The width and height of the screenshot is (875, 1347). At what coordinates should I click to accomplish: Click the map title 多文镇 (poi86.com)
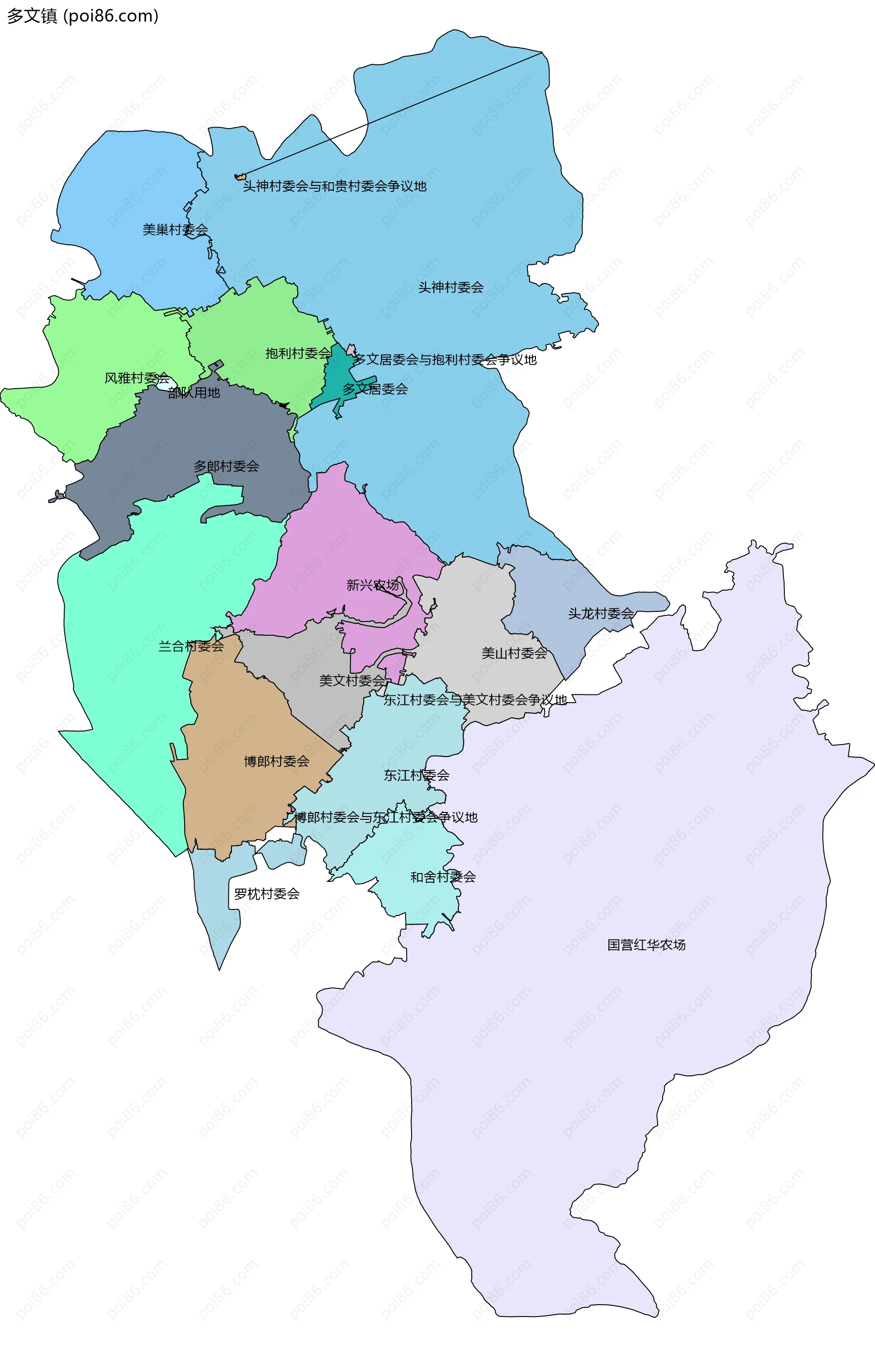[x=82, y=16]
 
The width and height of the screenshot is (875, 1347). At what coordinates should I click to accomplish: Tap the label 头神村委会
[x=451, y=288]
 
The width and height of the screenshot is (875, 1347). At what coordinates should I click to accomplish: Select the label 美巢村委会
[x=175, y=230]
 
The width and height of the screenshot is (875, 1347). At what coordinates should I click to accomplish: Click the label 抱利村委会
[x=298, y=354]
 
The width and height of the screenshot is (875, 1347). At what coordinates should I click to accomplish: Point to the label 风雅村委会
[x=137, y=378]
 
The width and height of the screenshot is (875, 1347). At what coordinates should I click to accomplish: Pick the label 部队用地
[x=194, y=393]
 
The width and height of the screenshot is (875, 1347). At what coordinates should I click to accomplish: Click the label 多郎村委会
[x=226, y=466]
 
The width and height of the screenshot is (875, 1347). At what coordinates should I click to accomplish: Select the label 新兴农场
[x=372, y=585]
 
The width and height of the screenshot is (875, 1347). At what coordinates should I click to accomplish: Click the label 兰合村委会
[x=191, y=646]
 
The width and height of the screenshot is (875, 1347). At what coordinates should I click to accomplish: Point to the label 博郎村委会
[x=276, y=762]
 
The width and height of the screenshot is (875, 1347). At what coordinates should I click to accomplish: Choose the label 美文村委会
[x=351, y=681]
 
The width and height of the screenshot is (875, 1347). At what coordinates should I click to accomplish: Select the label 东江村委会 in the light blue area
[x=416, y=776]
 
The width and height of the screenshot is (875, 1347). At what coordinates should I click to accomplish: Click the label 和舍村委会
[x=443, y=877]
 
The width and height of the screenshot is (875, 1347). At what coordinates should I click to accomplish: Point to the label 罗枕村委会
[x=267, y=894]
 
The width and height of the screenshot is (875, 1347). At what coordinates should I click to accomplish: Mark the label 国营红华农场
[x=646, y=945]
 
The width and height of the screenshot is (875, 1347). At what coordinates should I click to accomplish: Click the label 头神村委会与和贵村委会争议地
[x=334, y=186]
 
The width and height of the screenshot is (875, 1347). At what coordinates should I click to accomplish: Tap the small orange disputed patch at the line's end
[x=240, y=177]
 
